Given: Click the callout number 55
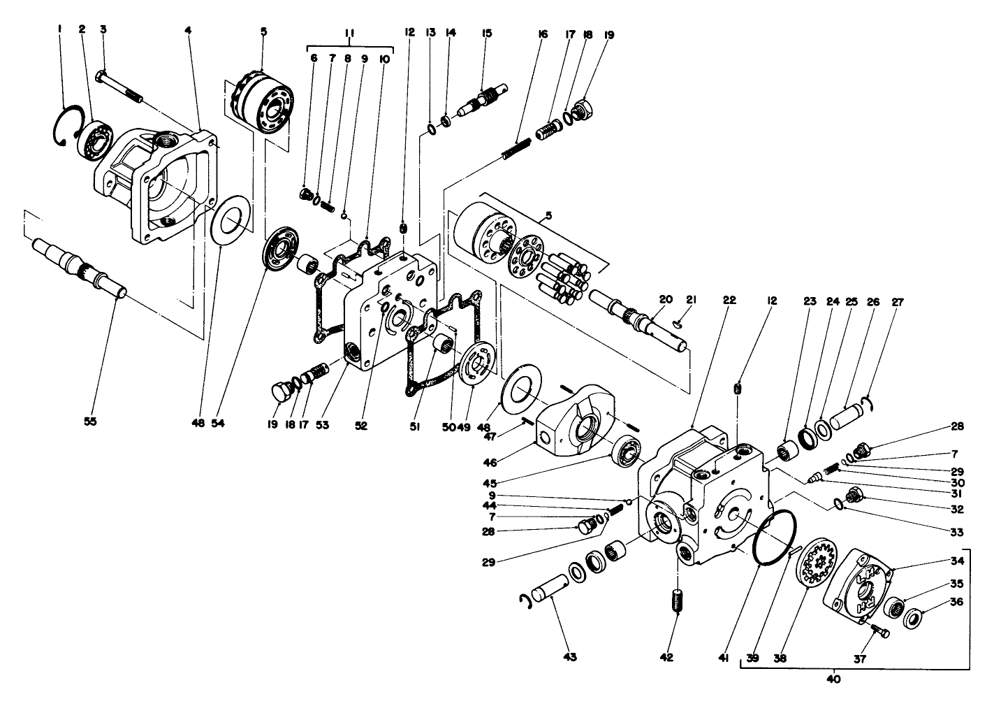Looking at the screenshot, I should [x=91, y=422].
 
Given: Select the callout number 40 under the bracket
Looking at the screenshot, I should [x=834, y=678].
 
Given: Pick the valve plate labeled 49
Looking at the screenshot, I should [x=478, y=363].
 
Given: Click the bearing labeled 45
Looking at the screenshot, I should [x=627, y=450].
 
